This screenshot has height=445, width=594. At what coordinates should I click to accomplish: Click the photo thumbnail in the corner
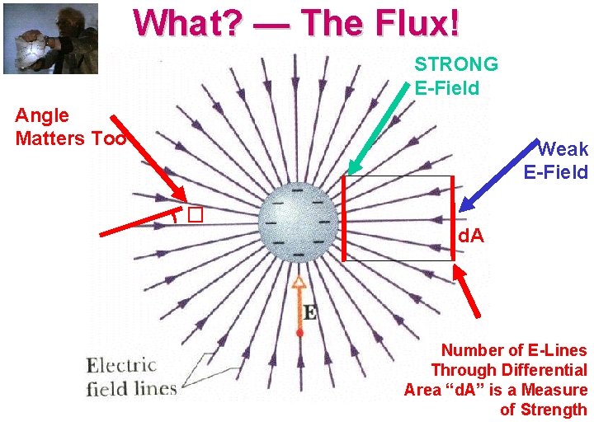click(x=50, y=39)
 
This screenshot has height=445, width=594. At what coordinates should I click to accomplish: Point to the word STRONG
click(x=456, y=64)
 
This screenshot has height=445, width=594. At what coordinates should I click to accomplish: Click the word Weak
click(x=563, y=149)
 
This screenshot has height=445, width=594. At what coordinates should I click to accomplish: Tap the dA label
click(x=471, y=237)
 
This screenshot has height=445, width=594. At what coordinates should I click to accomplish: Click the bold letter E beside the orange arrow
click(x=309, y=313)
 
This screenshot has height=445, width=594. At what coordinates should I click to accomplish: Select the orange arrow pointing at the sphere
click(x=299, y=305)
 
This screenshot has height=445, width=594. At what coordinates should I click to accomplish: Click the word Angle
click(x=42, y=115)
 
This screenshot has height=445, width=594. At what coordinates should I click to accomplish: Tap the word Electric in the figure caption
click(x=121, y=365)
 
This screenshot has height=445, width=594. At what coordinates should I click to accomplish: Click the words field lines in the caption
click(x=131, y=387)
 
